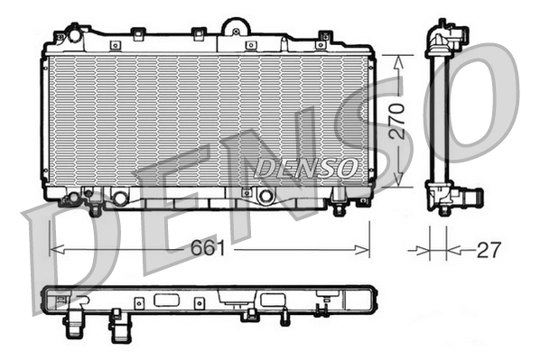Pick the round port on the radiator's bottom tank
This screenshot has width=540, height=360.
click(265, 196)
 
